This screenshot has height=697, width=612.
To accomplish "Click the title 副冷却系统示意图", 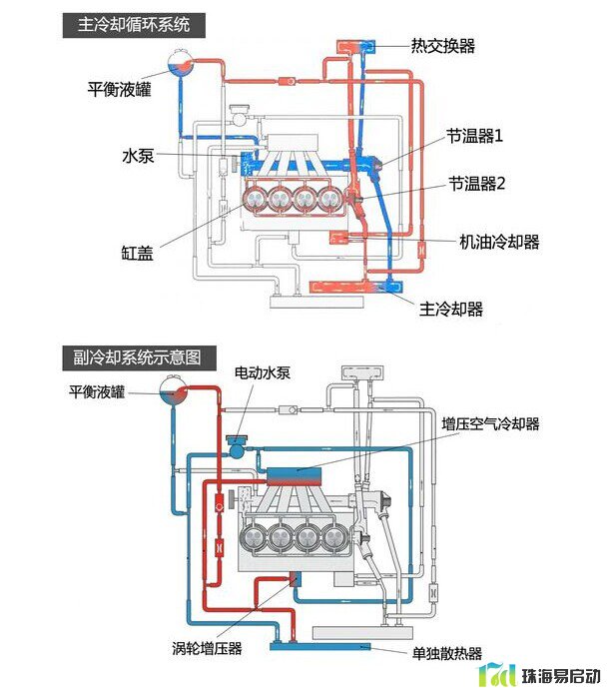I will coord(138,355).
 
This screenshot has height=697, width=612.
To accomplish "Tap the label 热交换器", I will coord(443,46).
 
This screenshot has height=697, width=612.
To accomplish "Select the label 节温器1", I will coord(474,134).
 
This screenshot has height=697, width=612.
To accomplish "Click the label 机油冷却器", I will coord(499,242).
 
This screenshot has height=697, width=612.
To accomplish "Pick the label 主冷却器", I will coord(451,309).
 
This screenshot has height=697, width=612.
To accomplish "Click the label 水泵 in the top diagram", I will coord(137,157).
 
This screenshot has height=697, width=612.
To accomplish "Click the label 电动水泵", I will coord(262,372).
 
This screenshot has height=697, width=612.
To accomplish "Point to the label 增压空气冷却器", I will coord(490,424).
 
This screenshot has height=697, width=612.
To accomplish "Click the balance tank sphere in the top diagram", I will coord(180,67).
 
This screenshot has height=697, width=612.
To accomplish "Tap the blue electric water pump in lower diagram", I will coord(237,446).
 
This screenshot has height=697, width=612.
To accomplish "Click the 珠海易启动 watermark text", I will coord(562,676).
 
